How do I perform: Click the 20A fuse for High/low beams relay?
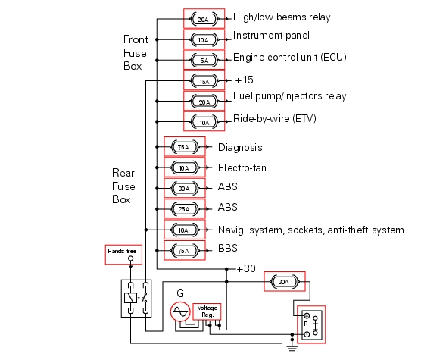click(x=204, y=19)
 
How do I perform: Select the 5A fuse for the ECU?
click(x=204, y=60)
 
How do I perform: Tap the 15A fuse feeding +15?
click(x=204, y=81)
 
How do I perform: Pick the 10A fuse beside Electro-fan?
click(x=184, y=167)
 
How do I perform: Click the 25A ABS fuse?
click(x=184, y=209)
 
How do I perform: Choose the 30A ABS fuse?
click(x=184, y=188)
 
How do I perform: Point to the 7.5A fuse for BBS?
click(x=184, y=250)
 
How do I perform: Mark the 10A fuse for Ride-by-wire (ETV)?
click(x=204, y=122)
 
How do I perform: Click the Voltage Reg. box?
click(x=207, y=311)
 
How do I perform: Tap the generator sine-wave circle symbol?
click(x=180, y=311)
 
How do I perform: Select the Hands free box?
click(x=123, y=255)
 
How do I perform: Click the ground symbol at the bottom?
click(x=292, y=347)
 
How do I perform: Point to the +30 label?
click(x=246, y=268)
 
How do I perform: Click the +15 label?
click(x=244, y=80)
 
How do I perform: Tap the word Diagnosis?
click(x=240, y=148)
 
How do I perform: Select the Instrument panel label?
click(x=271, y=36)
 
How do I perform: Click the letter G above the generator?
click(x=180, y=293)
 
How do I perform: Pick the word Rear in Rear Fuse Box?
click(x=123, y=173)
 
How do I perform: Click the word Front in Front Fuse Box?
click(x=136, y=39)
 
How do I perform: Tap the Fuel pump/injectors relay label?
click(x=290, y=96)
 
